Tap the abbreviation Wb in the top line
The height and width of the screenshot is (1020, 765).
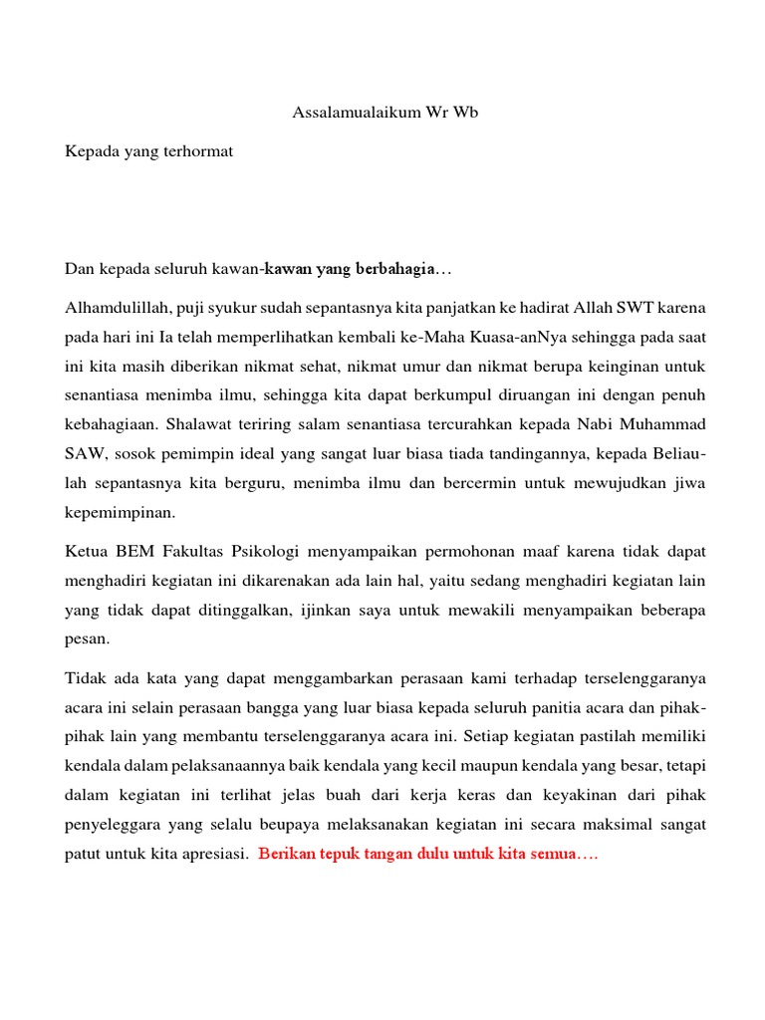coord(466,113)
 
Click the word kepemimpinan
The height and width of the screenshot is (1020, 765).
coord(120,514)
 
